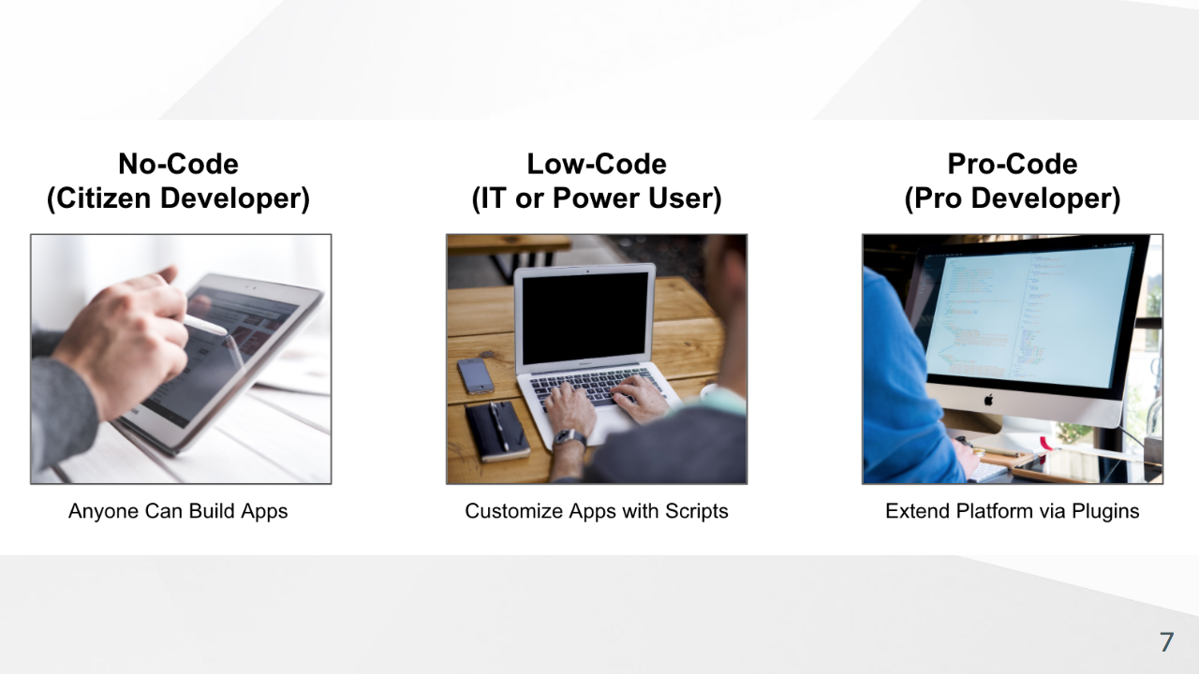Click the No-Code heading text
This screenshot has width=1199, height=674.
pyautogui.click(x=178, y=164)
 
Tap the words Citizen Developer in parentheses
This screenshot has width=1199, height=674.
pyautogui.click(x=178, y=198)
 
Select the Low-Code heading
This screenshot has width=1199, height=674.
pyautogui.click(x=597, y=164)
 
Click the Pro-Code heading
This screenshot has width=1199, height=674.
pyautogui.click(x=1013, y=164)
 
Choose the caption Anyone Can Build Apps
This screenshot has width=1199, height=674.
pyautogui.click(x=178, y=511)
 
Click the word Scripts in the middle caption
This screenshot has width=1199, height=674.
pyautogui.click(x=696, y=511)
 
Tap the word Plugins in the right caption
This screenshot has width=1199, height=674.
pyautogui.click(x=1105, y=511)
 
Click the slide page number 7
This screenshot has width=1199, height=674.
pyautogui.click(x=1167, y=642)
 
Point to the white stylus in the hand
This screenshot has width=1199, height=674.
pyautogui.click(x=205, y=324)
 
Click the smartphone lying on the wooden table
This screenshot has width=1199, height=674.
pyautogui.click(x=475, y=376)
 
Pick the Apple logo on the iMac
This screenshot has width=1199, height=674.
pyautogui.click(x=988, y=399)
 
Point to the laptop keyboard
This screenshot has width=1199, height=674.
pyautogui.click(x=597, y=387)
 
